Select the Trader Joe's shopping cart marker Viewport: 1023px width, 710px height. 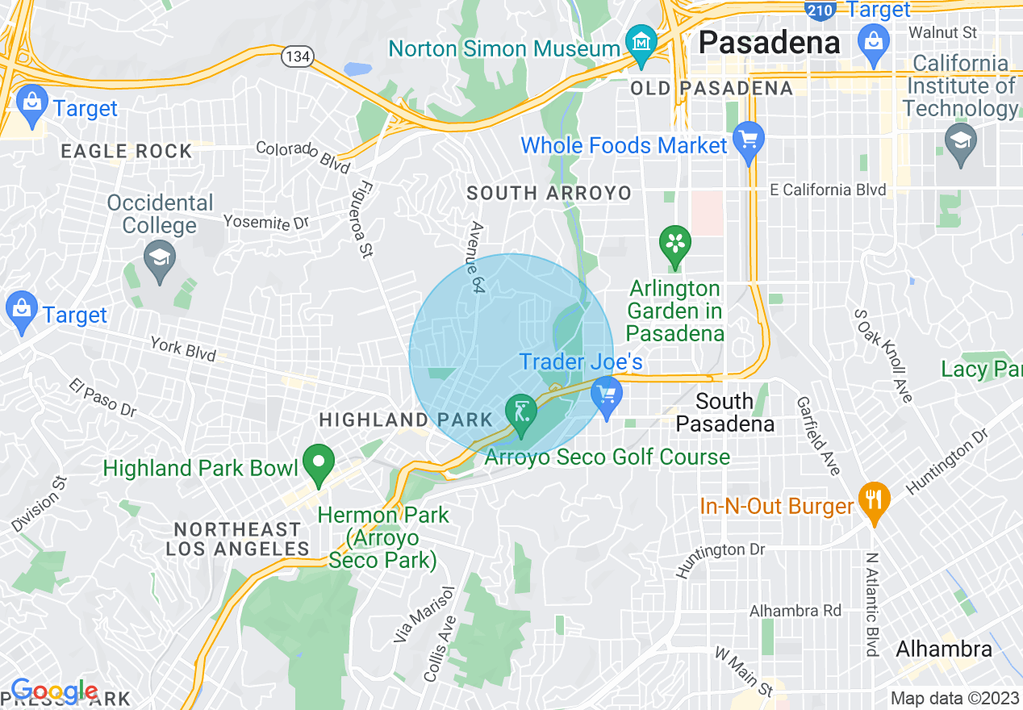[x=606, y=396]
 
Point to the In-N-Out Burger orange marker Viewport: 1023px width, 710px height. [x=874, y=498]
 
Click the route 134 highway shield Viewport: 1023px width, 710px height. [x=297, y=56]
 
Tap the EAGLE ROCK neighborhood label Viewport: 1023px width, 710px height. [x=127, y=151]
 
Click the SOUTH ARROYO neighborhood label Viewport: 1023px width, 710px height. [x=549, y=193]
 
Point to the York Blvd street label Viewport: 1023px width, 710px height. [x=183, y=349]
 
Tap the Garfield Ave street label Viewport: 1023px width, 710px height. [x=818, y=435]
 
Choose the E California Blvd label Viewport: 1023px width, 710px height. [x=828, y=190]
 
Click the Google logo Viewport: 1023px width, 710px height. [x=54, y=691]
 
